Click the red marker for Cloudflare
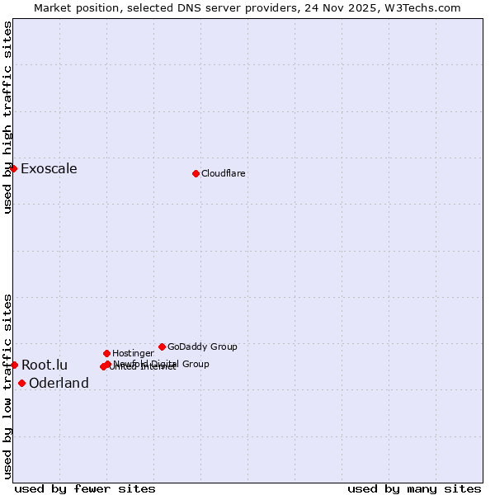pyautogui.click(x=196, y=173)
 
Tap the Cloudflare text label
pyautogui.click(x=224, y=173)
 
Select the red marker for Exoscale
pyautogui.click(x=13, y=168)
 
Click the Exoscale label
pyautogui.click(x=49, y=169)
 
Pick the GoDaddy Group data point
pyautogui.click(x=162, y=346)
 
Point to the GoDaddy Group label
pyautogui.click(x=202, y=346)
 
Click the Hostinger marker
pyautogui.click(x=106, y=353)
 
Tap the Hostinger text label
pyautogui.click(x=133, y=353)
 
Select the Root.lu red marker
pyautogui.click(x=14, y=365)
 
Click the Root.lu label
pyautogui.click(x=45, y=365)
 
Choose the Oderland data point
pyautogui.click(x=21, y=383)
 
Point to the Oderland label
pyautogui.click(x=59, y=383)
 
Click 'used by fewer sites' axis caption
pyautogui.click(x=85, y=488)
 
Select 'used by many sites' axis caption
pyautogui.click(x=414, y=488)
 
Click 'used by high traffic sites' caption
pyautogui.click(x=7, y=117)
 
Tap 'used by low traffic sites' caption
pyautogui.click(x=7, y=385)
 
